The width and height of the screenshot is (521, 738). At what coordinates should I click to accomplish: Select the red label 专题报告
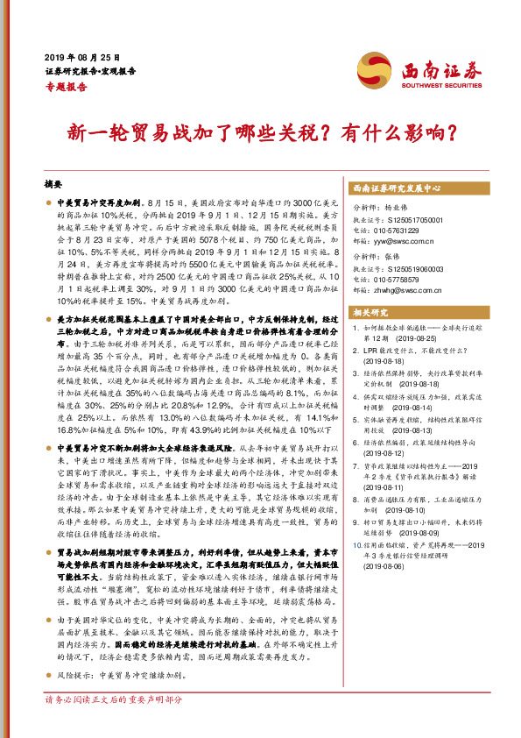[x=66, y=87]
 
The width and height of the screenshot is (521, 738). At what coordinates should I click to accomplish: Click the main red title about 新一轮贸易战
[x=261, y=133]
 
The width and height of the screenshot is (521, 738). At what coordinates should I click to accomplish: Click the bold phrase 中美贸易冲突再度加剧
[x=99, y=202]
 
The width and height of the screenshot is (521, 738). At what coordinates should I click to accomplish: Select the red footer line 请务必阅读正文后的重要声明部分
[x=114, y=725]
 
